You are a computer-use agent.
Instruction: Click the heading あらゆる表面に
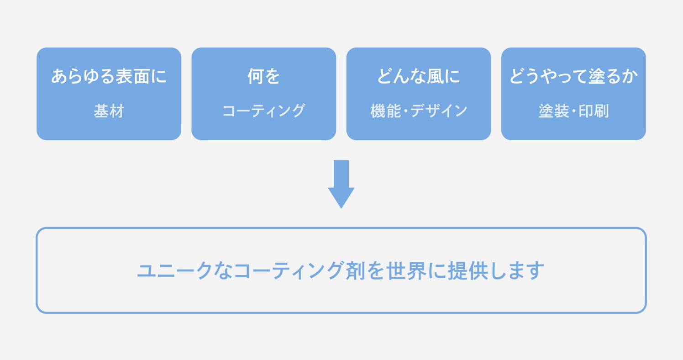[x=109, y=76]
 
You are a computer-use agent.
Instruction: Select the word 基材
[x=109, y=111]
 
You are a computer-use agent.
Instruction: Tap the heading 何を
[x=264, y=76]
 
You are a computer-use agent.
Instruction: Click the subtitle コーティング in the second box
[x=264, y=111]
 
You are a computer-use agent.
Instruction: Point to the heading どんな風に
[x=419, y=76]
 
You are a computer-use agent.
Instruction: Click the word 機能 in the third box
[x=386, y=111]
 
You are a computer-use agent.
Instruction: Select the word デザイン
[x=439, y=111]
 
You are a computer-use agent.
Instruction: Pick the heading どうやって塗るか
[x=573, y=76]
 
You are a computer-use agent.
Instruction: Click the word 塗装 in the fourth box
[x=554, y=111]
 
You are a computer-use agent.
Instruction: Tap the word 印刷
[x=594, y=111]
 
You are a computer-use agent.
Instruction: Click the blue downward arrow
[x=341, y=184]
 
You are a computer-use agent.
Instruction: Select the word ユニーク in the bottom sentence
[x=175, y=270]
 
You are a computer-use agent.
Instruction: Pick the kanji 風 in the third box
[x=435, y=76]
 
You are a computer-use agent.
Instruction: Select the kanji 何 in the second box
[x=256, y=76]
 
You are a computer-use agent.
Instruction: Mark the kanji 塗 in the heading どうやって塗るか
[x=597, y=76]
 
